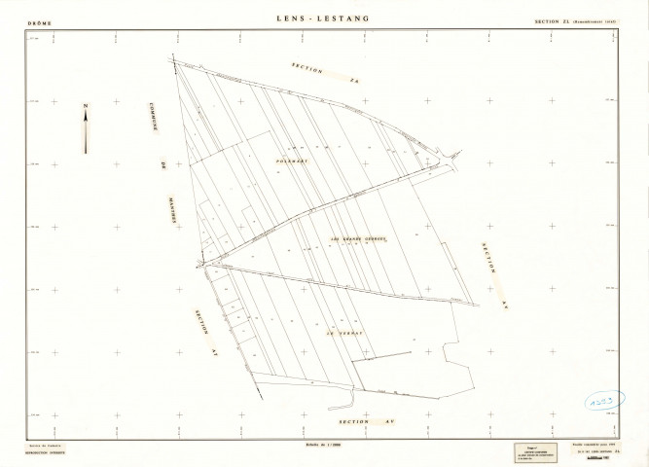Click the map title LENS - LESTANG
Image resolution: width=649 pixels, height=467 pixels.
pyautogui.click(x=325, y=18)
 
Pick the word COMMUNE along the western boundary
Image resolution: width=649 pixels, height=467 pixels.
pyautogui.click(x=154, y=123)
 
